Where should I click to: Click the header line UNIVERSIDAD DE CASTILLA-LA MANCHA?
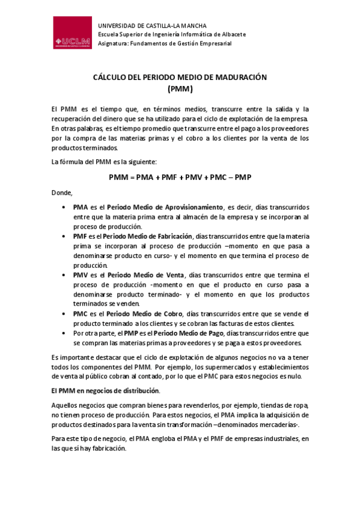152,26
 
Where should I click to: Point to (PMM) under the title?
180,88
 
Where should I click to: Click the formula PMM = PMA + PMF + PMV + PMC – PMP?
180,177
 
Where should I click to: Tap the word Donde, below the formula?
62,192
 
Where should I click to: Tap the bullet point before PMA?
64,207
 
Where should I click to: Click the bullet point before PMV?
64,275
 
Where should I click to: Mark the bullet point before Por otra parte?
64,333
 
